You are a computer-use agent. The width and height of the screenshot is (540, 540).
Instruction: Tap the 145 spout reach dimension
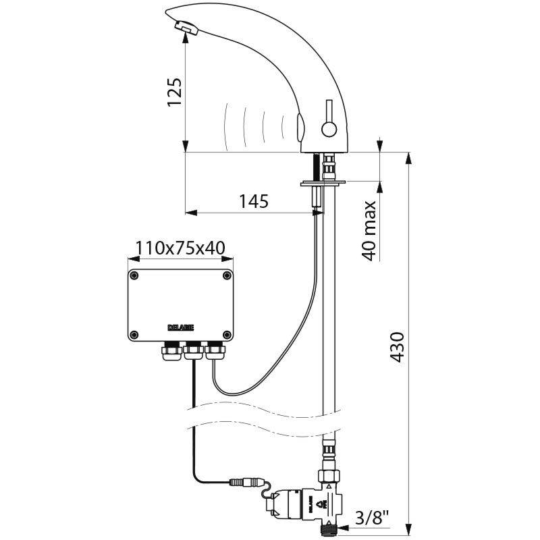pyautogui.click(x=253, y=201)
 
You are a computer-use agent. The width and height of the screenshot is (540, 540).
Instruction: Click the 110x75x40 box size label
pyautogui.click(x=180, y=248)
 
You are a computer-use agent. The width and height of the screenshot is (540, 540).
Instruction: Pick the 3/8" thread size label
pyautogui.click(x=373, y=518)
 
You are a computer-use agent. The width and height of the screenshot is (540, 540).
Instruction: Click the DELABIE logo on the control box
pyautogui.click(x=180, y=327)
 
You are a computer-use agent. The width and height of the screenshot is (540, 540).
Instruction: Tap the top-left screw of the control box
pyautogui.click(x=135, y=275)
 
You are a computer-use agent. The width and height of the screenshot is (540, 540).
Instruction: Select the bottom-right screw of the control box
pyautogui.click(x=226, y=333)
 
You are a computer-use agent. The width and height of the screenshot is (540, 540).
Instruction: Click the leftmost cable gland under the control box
pyautogui.click(x=169, y=351)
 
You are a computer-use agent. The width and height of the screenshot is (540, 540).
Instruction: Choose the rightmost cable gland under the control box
pyautogui.click(x=215, y=351)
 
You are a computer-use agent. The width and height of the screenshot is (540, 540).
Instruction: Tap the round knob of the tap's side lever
pyautogui.click(x=329, y=128)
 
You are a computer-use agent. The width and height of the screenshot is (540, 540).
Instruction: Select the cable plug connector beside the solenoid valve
pyautogui.click(x=244, y=483)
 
